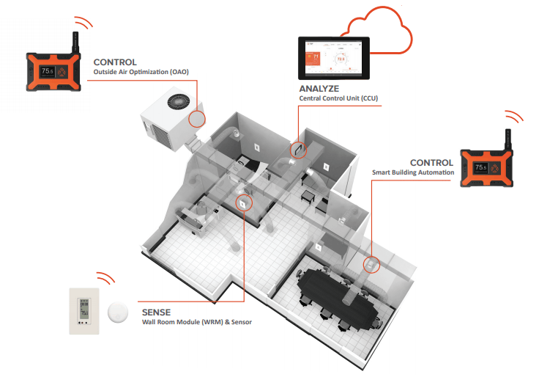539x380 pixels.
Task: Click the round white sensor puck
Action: (x=116, y=313)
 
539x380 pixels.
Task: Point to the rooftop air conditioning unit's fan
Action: (x=179, y=102)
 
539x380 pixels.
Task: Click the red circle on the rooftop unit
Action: (x=198, y=120)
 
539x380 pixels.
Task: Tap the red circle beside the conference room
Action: (x=371, y=263)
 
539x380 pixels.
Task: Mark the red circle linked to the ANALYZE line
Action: (x=299, y=150)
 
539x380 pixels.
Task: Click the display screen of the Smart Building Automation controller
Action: (x=480, y=167)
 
